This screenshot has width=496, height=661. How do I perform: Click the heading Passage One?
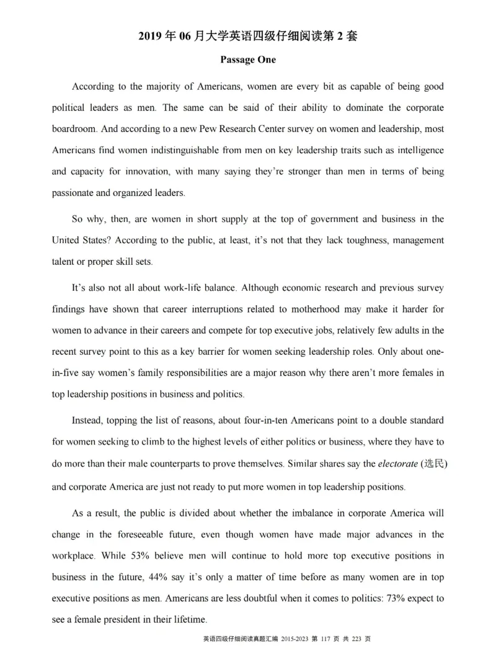click(248, 60)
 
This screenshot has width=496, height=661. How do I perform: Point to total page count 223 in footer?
click(357, 639)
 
